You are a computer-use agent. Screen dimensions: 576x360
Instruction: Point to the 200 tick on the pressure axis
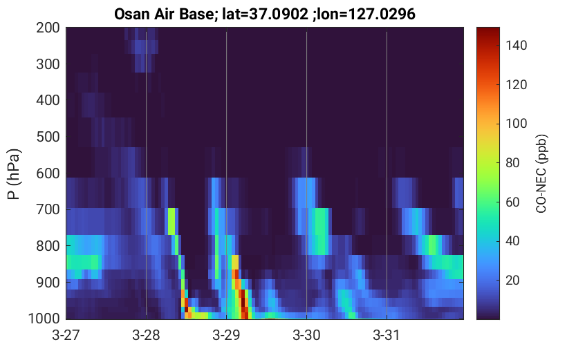pyautogui.click(x=48, y=28)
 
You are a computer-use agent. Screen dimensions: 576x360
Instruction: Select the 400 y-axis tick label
pyautogui.click(x=48, y=100)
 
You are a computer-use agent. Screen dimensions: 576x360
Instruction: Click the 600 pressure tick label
pyautogui.click(x=48, y=173)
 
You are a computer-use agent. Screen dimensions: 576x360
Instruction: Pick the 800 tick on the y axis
pyautogui.click(x=48, y=246)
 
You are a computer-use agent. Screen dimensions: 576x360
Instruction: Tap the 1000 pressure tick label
pyautogui.click(x=44, y=319)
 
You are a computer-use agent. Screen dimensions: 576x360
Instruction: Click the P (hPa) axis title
pyautogui.click(x=14, y=173)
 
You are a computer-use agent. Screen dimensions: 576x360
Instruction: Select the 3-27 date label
pyautogui.click(x=66, y=335)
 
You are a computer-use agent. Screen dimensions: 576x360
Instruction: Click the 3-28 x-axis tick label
pyautogui.click(x=146, y=335)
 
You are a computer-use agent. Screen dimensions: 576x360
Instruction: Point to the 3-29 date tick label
pyautogui.click(x=226, y=335)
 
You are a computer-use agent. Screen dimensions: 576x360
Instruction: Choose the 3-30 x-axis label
pyautogui.click(x=306, y=335)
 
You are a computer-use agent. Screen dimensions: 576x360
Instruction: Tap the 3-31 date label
pyautogui.click(x=387, y=335)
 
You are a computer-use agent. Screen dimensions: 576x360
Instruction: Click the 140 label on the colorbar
pyautogui.click(x=516, y=46)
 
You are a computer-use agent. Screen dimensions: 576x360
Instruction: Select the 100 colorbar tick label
pyautogui.click(x=516, y=124)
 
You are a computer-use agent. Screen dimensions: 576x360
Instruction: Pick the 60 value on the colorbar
pyautogui.click(x=512, y=202)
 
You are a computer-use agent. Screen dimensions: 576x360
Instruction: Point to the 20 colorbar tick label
pyautogui.click(x=512, y=280)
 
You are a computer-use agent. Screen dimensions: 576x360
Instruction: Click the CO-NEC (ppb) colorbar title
pyautogui.click(x=541, y=173)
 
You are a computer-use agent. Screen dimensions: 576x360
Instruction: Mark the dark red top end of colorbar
pyautogui.click(x=488, y=28)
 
